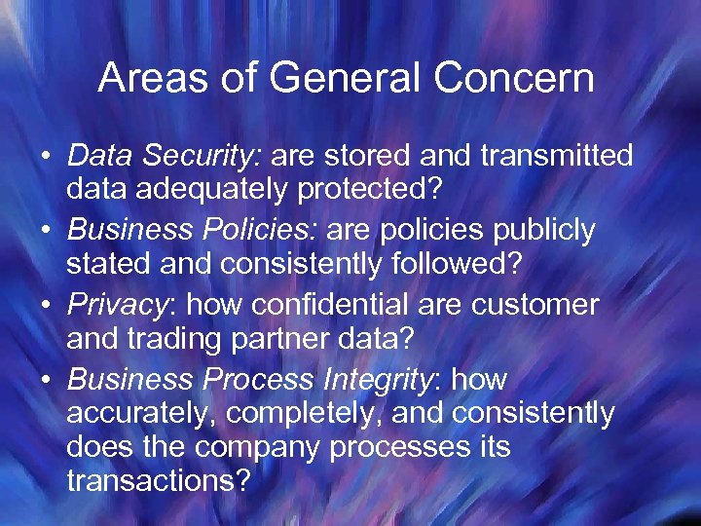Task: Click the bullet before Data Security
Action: pyautogui.click(x=47, y=156)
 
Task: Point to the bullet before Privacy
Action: pyautogui.click(x=47, y=306)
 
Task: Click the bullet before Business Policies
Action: pyautogui.click(x=47, y=231)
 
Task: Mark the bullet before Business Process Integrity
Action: pyautogui.click(x=47, y=380)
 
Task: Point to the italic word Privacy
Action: pyautogui.click(x=118, y=306)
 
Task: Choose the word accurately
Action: pyautogui.click(x=142, y=414)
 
